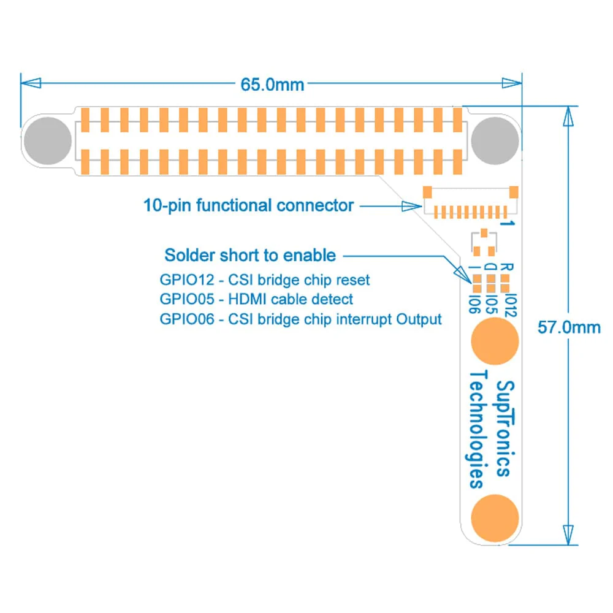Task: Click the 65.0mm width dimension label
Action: pyautogui.click(x=272, y=84)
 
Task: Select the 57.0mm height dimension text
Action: pyautogui.click(x=569, y=327)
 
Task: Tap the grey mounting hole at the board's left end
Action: pyautogui.click(x=47, y=141)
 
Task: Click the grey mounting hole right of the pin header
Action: pyautogui.click(x=495, y=141)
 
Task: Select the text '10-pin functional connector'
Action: pyautogui.click(x=248, y=205)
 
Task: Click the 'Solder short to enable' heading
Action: pyautogui.click(x=250, y=254)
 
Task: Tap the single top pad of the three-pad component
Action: pyautogui.click(x=484, y=233)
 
